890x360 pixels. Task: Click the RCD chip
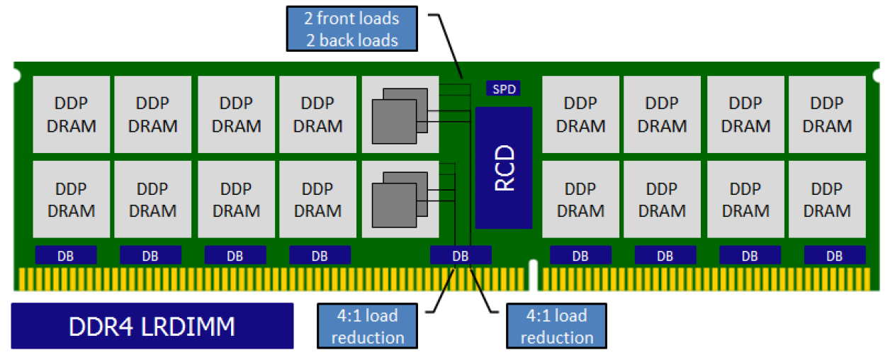click(503, 167)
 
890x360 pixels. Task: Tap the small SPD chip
click(503, 89)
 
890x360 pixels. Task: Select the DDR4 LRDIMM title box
click(152, 326)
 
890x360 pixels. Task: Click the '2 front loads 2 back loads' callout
click(351, 29)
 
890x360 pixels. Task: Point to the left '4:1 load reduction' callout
click(367, 326)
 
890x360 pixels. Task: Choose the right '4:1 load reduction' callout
click(556, 326)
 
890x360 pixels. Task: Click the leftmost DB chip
click(66, 256)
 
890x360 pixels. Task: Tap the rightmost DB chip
click(835, 256)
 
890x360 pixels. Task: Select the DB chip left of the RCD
click(461, 256)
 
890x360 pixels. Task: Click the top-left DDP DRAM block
click(71, 114)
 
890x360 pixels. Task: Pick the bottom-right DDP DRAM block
click(827, 199)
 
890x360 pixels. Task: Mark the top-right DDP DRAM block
click(827, 114)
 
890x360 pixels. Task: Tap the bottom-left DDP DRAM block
click(71, 199)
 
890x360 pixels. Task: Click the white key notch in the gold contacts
click(534, 276)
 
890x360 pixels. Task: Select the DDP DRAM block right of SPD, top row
click(580, 114)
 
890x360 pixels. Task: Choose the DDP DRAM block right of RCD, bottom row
click(580, 199)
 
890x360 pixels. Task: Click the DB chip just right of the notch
click(580, 256)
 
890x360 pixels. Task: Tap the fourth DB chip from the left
click(320, 256)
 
